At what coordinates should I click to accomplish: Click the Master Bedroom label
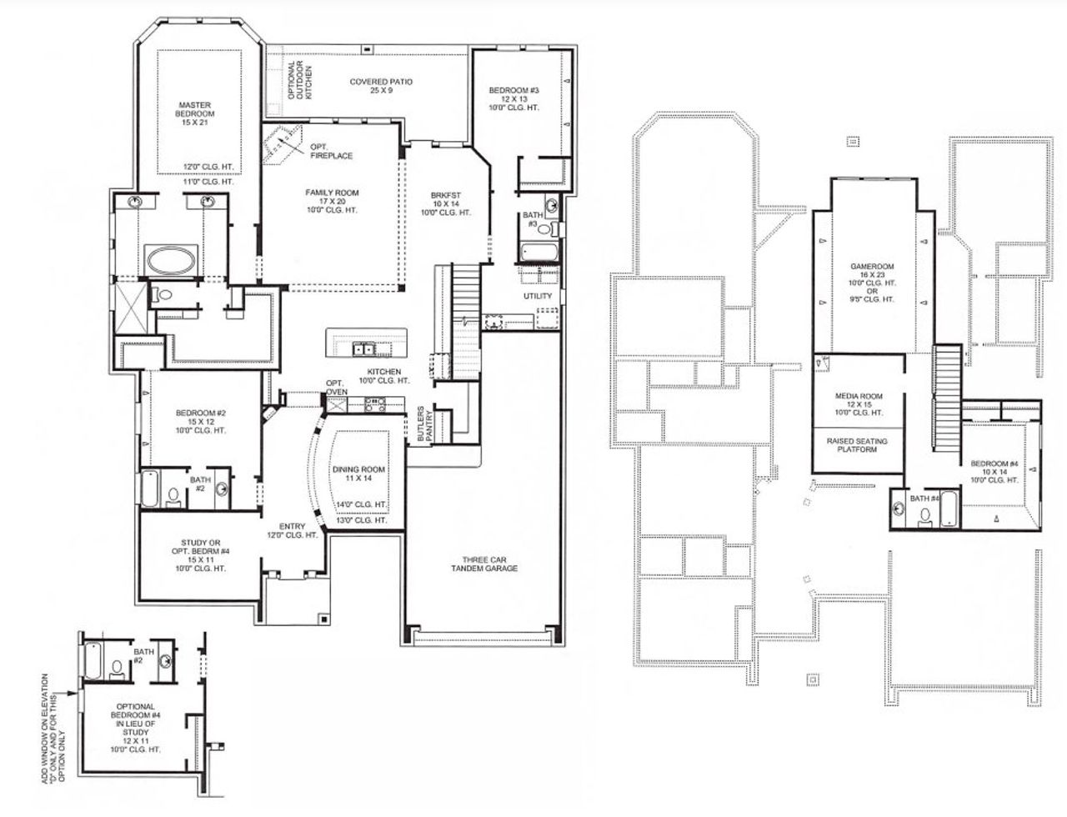tap(194, 113)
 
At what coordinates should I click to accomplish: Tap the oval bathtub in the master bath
tap(172, 259)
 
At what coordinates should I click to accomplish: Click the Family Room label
tap(331, 201)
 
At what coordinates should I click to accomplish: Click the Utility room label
tap(538, 296)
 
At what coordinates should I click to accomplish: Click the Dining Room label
tap(359, 474)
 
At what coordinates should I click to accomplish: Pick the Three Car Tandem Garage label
tap(484, 564)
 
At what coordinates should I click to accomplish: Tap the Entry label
tap(292, 530)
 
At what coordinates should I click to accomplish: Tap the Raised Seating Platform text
tap(857, 445)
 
